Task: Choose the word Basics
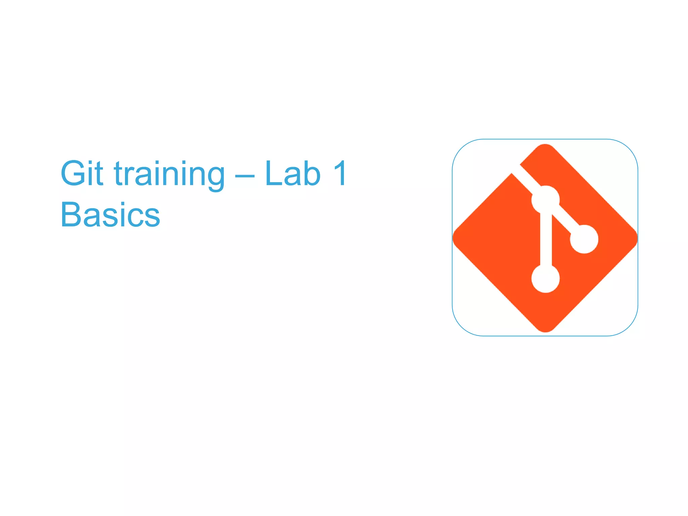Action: (x=110, y=215)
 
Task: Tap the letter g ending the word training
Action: (x=214, y=177)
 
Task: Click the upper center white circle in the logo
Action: (x=545, y=200)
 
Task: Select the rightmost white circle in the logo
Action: (x=584, y=239)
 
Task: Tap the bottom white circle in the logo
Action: (x=545, y=278)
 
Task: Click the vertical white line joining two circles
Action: (x=546, y=239)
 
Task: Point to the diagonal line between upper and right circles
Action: (x=565, y=219)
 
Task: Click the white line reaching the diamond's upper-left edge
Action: (x=526, y=180)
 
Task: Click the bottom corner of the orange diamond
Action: (x=545, y=331)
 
